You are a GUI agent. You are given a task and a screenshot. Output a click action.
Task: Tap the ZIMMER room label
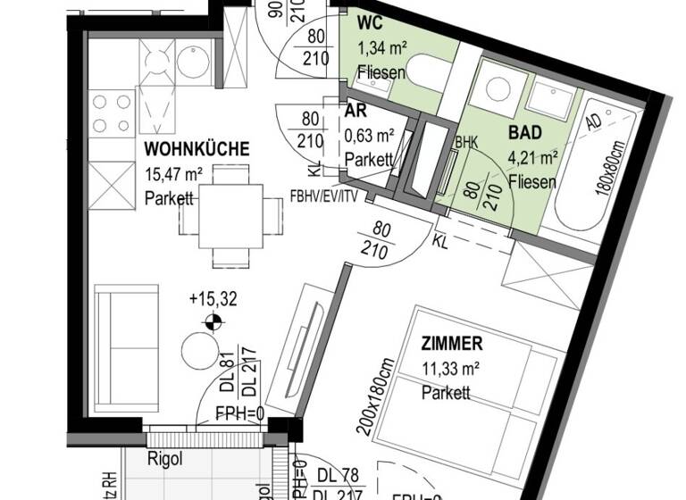(x=453, y=342)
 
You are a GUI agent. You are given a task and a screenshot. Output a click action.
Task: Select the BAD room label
(x=524, y=133)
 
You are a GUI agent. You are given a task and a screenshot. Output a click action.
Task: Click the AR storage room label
(x=356, y=113)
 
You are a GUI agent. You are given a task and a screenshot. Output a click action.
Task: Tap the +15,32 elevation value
(x=212, y=299)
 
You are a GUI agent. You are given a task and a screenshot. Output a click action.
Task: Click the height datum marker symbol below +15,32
(x=212, y=323)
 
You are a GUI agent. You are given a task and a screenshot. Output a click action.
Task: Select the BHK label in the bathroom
(x=466, y=143)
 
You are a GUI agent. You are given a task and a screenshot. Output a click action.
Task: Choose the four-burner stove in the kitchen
(x=112, y=112)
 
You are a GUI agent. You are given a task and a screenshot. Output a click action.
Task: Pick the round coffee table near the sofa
(x=198, y=351)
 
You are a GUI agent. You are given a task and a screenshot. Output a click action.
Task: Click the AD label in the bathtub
(x=617, y=121)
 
